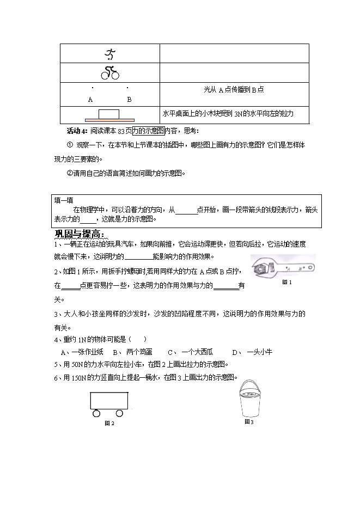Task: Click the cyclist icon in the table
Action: point(110,73)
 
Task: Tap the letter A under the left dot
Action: point(90,100)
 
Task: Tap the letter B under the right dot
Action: point(129,100)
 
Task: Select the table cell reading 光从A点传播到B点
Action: point(234,90)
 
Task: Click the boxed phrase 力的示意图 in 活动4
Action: point(148,131)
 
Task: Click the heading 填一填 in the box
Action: point(63,200)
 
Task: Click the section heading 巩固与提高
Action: point(80,234)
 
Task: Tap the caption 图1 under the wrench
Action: point(287,283)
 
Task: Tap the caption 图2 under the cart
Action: point(109,423)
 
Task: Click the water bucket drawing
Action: point(250,399)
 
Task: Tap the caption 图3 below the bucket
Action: point(249,422)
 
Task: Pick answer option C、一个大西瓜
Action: point(190,352)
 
